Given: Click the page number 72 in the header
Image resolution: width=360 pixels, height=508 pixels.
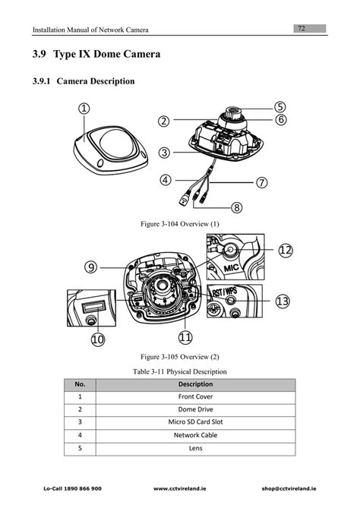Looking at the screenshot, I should tap(302, 28).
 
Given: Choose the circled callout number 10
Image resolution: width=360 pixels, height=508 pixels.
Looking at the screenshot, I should tap(98, 339).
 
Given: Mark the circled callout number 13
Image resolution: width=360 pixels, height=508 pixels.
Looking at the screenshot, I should tap(283, 301).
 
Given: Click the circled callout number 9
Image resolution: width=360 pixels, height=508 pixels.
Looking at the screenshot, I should tap(91, 267).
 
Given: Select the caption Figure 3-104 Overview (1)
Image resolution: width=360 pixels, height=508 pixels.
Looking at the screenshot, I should tap(180, 225).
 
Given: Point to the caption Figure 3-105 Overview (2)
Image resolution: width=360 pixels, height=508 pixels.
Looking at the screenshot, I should tap(180, 355).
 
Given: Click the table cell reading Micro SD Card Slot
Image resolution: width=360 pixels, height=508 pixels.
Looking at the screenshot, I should tap(195, 421).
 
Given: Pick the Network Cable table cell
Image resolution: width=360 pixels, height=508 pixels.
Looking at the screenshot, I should tap(195, 435).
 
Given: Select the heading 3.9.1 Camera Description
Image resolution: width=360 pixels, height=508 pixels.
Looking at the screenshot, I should tap(84, 80).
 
